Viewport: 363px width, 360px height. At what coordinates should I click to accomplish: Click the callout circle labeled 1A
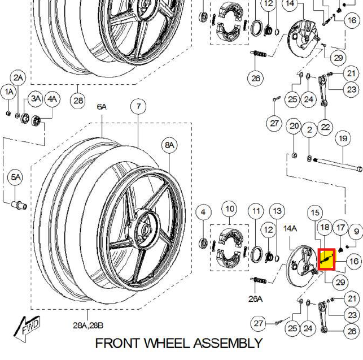(9, 92)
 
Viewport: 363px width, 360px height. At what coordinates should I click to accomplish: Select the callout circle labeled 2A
(19, 78)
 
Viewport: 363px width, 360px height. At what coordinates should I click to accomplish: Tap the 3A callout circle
(36, 99)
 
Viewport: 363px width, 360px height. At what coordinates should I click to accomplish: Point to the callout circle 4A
(52, 99)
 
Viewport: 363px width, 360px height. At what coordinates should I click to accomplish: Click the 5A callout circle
(15, 177)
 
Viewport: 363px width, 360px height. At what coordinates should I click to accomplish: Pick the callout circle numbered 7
(138, 106)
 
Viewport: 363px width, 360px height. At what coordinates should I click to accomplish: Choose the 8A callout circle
(170, 145)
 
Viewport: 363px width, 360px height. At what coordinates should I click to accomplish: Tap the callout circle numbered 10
(230, 209)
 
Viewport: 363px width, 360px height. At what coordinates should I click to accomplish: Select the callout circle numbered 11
(257, 212)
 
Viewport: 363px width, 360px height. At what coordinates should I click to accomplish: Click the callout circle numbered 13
(277, 211)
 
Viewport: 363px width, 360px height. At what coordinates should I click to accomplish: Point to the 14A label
(290, 229)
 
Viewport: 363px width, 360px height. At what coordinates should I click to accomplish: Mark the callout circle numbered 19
(343, 138)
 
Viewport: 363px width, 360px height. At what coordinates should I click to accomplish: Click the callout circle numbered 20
(294, 126)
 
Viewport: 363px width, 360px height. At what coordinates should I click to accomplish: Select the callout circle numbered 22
(325, 127)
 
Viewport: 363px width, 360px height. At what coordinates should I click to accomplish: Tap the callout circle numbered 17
(340, 228)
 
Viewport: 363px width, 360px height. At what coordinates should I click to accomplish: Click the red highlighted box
(327, 259)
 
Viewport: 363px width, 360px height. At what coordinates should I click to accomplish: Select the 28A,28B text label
(88, 325)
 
